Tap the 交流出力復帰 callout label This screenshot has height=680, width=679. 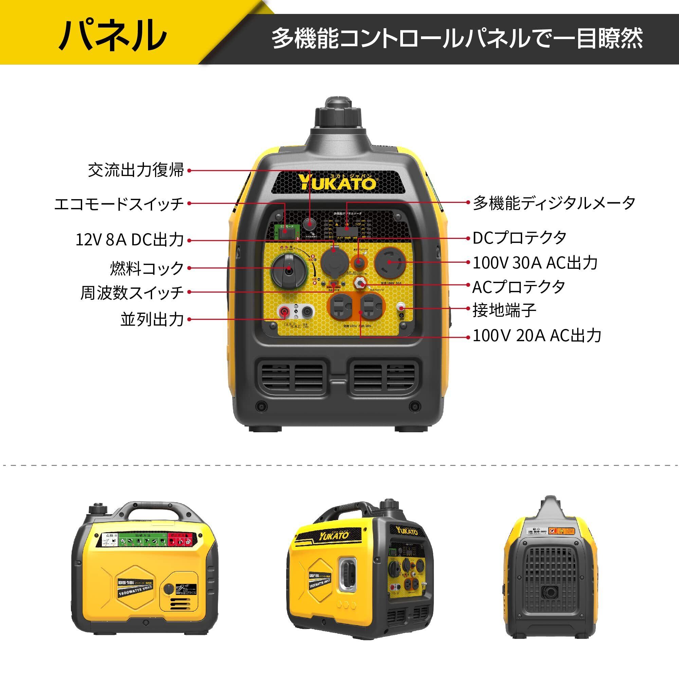(136, 170)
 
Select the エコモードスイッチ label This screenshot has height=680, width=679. (119, 204)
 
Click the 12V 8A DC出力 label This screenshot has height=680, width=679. (130, 240)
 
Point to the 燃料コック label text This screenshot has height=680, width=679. (147, 268)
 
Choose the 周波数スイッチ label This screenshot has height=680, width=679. (132, 293)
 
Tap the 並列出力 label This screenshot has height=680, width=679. (152, 319)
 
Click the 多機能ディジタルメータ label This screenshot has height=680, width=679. (554, 203)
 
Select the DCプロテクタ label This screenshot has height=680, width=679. (519, 238)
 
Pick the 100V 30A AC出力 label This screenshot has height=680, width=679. (535, 263)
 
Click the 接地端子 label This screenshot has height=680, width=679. (504, 310)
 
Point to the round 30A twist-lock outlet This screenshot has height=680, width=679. (390, 262)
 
